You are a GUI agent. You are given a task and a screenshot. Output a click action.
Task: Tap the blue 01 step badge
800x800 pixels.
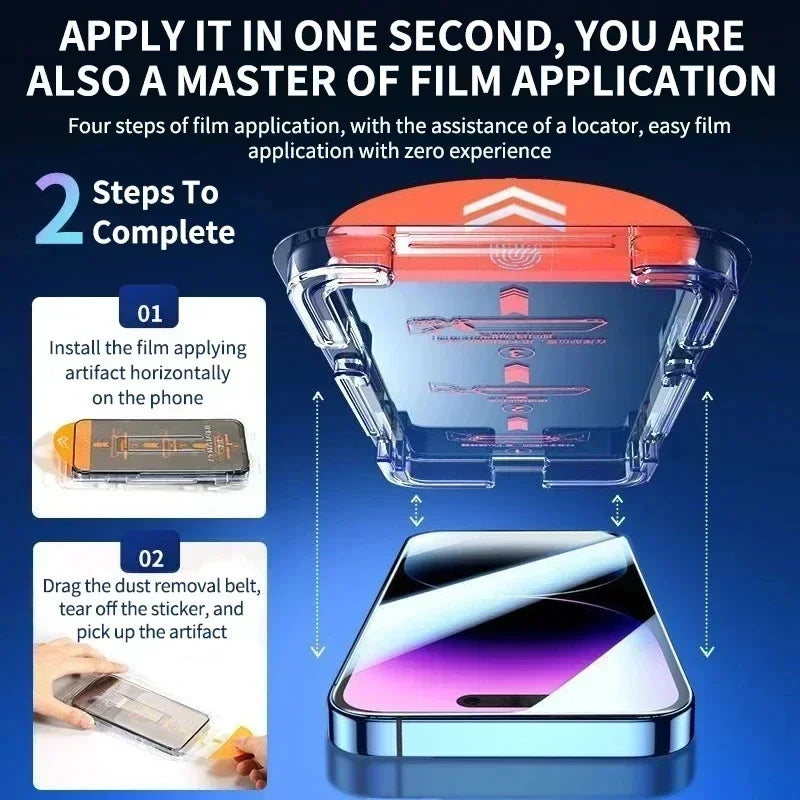(x=149, y=313)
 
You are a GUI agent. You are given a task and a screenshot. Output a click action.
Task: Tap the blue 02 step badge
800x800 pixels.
(x=149, y=557)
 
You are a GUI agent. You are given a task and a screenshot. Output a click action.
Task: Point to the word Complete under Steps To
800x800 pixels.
(x=164, y=233)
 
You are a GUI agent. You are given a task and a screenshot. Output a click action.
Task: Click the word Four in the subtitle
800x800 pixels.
(x=89, y=127)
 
